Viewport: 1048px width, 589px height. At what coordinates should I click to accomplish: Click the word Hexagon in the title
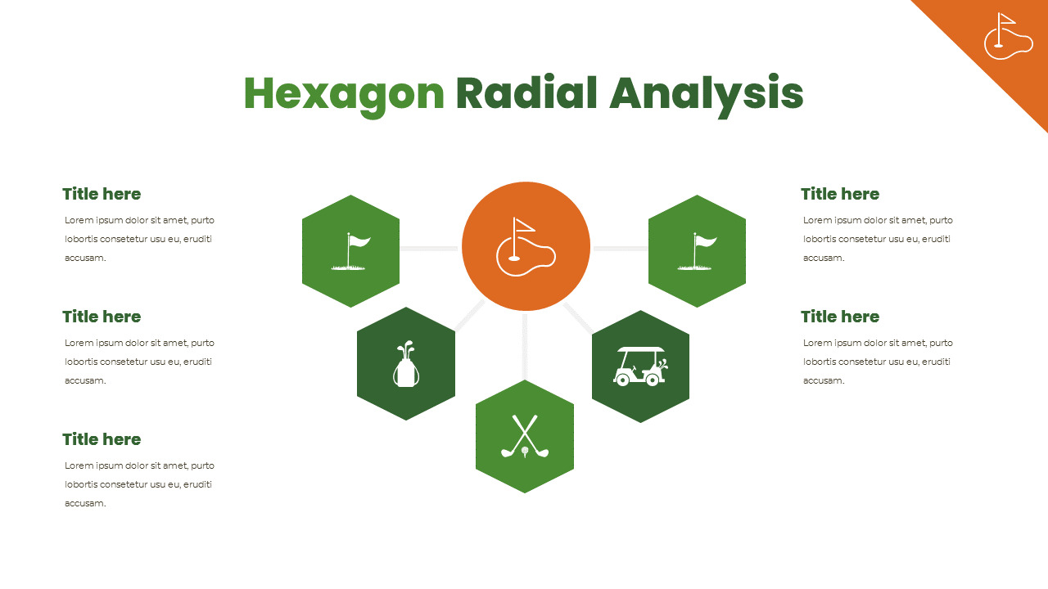click(x=344, y=96)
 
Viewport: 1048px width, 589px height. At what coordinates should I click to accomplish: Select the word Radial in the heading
click(x=526, y=92)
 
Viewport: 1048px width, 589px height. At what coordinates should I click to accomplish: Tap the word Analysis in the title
click(x=707, y=96)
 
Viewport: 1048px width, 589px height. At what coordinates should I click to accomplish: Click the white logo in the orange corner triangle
click(x=1008, y=36)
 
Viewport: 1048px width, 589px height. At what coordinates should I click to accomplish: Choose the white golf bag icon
click(x=405, y=364)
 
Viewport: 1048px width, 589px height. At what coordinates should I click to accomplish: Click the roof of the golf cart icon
click(x=640, y=349)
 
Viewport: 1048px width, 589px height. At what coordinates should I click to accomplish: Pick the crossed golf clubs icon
click(x=525, y=437)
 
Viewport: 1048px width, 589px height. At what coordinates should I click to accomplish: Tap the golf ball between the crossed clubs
click(x=525, y=451)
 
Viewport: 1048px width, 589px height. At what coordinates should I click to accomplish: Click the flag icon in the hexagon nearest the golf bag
click(x=351, y=251)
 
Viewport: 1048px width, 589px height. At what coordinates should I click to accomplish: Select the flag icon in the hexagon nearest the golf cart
click(x=697, y=251)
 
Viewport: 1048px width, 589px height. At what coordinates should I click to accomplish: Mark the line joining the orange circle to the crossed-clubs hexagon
click(x=525, y=346)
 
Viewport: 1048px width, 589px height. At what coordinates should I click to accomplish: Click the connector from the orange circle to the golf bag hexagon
click(x=469, y=316)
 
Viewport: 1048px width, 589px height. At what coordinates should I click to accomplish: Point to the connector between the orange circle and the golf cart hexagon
click(x=579, y=318)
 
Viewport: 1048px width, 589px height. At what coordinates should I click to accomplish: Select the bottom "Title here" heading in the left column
click(x=102, y=439)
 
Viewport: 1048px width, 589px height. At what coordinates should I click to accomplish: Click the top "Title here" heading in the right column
click(x=840, y=194)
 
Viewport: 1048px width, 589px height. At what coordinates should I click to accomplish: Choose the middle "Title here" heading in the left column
click(x=102, y=317)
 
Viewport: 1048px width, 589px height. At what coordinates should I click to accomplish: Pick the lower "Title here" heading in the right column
click(x=840, y=317)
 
